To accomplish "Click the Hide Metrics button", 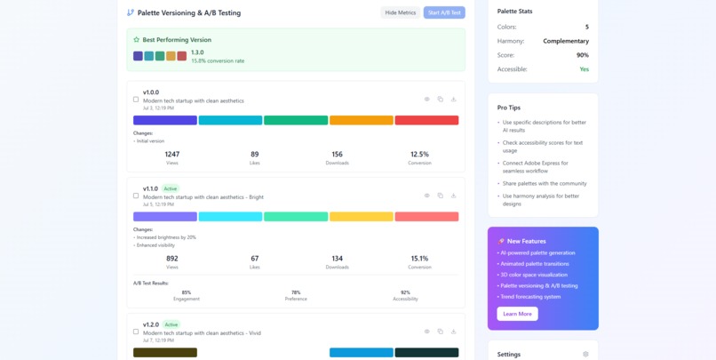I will (400, 12).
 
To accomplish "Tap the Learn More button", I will (517, 314).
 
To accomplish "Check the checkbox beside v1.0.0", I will (136, 100).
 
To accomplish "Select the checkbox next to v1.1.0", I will (136, 196).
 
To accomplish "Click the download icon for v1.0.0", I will (453, 100).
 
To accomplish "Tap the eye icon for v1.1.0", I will (426, 196).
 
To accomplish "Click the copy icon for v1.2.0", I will (440, 332).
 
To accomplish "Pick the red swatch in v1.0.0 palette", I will (426, 120).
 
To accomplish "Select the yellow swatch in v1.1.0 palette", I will (361, 216).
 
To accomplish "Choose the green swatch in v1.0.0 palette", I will (296, 120).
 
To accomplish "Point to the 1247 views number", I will (172, 154).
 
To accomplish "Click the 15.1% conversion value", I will (419, 259).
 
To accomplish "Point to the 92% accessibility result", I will (405, 292).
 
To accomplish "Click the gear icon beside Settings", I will (585, 354).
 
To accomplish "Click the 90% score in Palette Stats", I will (582, 55).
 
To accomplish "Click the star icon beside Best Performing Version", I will (136, 40).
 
